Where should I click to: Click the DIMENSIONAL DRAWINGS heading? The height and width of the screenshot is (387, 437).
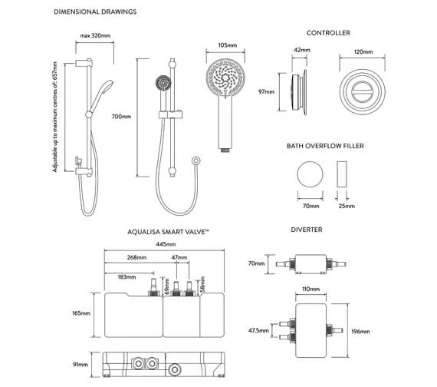coord(95,12)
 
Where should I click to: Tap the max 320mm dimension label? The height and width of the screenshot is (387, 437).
coord(95,35)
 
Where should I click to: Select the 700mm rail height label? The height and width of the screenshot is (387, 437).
coord(121,117)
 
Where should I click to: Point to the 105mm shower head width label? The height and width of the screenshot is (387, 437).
coord(228,45)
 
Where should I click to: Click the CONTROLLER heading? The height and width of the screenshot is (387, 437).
coord(328,33)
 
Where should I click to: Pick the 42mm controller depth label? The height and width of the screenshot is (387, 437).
coord(302,50)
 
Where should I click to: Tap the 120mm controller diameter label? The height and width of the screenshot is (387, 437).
coord(363,51)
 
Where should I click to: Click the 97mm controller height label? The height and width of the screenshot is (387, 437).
coord(267,91)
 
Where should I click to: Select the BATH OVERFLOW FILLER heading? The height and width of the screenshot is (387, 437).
coord(325,146)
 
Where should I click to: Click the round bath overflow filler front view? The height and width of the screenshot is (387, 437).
coord(310,174)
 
